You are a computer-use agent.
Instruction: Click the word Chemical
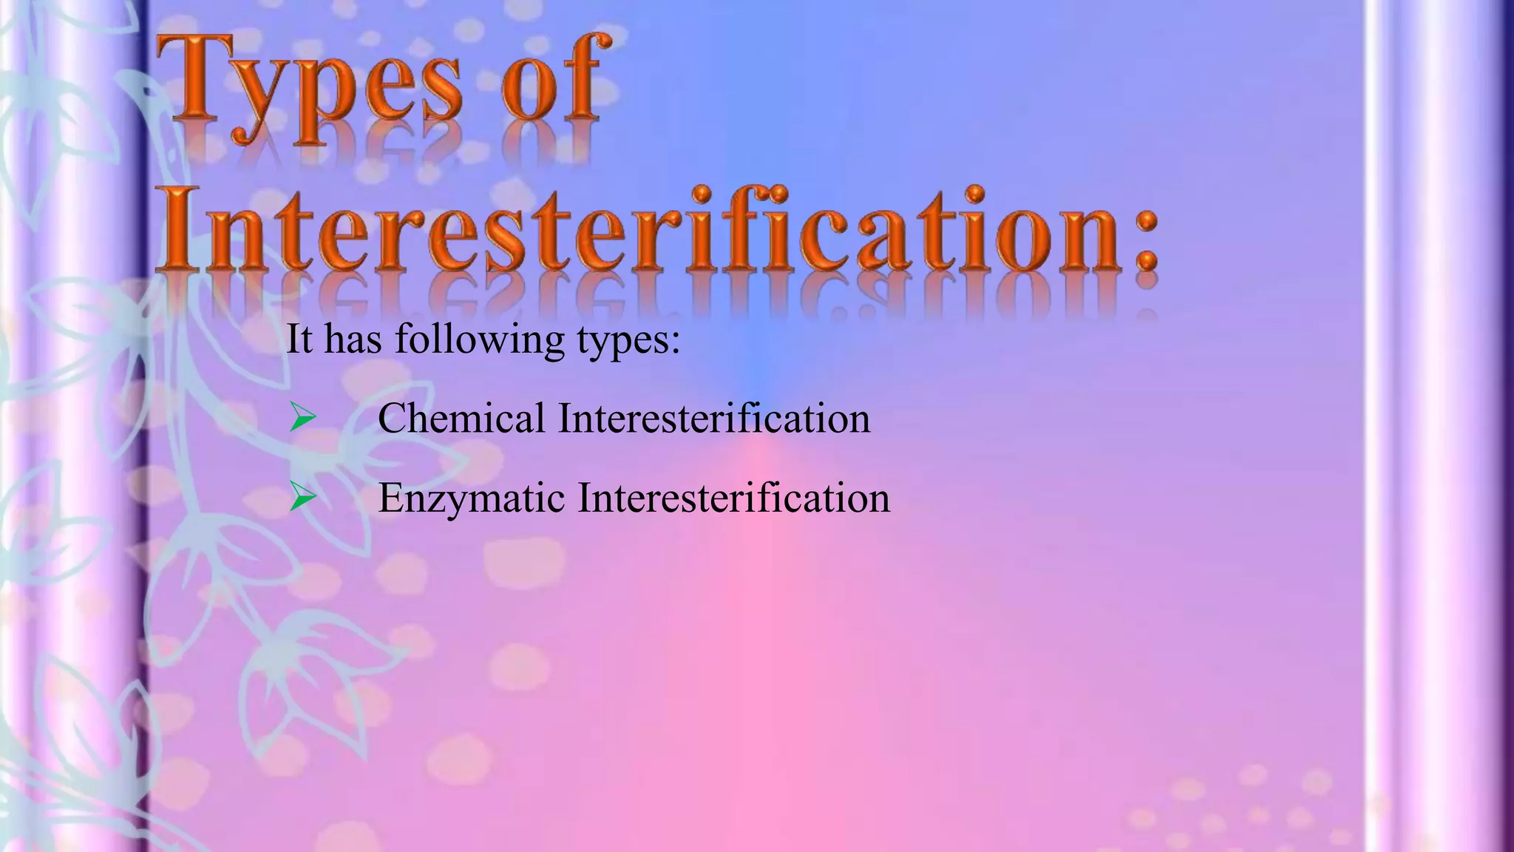pyautogui.click(x=461, y=418)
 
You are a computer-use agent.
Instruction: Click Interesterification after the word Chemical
pyautogui.click(x=713, y=418)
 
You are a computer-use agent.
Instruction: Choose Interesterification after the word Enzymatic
pyautogui.click(x=733, y=498)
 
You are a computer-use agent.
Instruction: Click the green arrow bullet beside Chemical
pyautogui.click(x=302, y=418)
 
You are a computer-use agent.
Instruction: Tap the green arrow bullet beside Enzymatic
pyautogui.click(x=302, y=498)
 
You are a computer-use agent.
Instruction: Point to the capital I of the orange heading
pyautogui.click(x=176, y=229)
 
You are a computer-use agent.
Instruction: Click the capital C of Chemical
pyautogui.click(x=392, y=418)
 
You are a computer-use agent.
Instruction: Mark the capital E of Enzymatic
pyautogui.click(x=390, y=498)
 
